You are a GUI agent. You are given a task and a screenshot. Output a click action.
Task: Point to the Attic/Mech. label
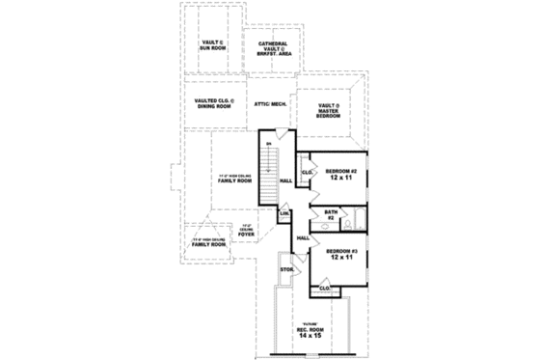pos(270,102)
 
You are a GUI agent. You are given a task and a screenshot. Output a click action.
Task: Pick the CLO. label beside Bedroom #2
pos(307,173)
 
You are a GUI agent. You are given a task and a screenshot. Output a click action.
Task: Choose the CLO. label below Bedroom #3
pos(325,287)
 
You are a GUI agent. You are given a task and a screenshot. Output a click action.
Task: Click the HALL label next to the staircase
pos(285,180)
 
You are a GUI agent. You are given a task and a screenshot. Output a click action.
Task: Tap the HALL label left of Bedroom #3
pos(302,237)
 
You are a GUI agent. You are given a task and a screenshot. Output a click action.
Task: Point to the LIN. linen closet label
pos(285,213)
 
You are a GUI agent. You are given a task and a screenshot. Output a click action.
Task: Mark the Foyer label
pos(246,232)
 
